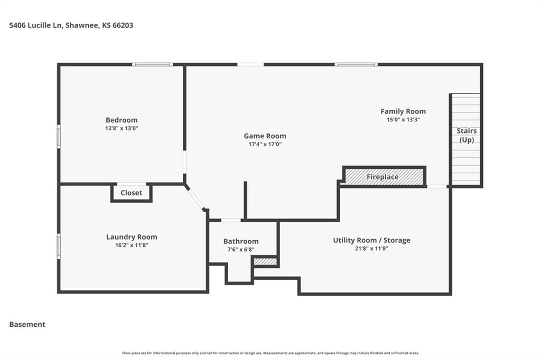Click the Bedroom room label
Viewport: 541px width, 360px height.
point(122,120)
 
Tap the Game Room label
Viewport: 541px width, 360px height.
point(265,136)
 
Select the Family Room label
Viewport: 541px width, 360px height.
point(403,111)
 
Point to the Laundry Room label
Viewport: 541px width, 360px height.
point(132,237)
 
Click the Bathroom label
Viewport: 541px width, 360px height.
point(241,241)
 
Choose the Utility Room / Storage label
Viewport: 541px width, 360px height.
point(371,240)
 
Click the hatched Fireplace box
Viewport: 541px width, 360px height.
point(385,176)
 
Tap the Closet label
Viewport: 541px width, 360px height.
point(131,193)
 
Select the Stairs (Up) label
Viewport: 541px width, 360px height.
point(467,135)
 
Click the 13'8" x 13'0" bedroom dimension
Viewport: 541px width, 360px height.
point(122,128)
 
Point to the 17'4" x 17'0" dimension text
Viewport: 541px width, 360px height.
point(265,144)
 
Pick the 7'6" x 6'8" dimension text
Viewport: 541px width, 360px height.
point(241,249)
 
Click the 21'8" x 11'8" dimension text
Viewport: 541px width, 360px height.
point(371,248)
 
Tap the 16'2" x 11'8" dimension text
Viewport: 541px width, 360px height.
point(132,245)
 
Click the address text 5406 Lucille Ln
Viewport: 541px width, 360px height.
point(35,25)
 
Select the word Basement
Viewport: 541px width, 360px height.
point(27,325)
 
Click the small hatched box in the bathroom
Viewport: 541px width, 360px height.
point(265,262)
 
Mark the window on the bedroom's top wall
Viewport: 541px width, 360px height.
point(152,64)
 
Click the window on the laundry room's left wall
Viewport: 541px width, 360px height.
point(59,246)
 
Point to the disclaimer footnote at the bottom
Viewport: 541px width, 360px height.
point(270,353)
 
